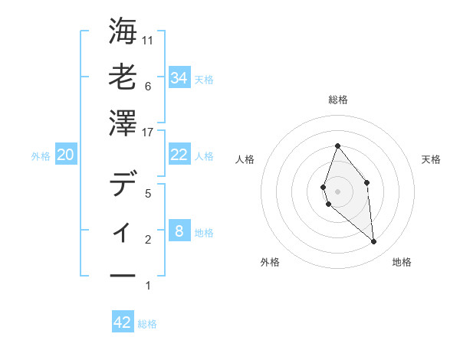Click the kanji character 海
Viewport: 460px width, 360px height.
pyautogui.click(x=123, y=33)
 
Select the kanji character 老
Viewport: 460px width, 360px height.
pyautogui.click(x=123, y=77)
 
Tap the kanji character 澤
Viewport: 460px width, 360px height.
pyautogui.click(x=123, y=122)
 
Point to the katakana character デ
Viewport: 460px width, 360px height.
pyautogui.click(x=123, y=185)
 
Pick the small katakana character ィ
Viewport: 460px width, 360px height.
pyautogui.click(x=123, y=230)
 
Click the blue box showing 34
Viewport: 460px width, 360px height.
pyautogui.click(x=179, y=78)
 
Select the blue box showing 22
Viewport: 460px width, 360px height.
pyautogui.click(x=179, y=155)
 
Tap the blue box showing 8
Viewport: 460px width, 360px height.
pyautogui.click(x=179, y=231)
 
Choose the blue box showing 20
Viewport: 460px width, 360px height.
pyautogui.click(x=65, y=155)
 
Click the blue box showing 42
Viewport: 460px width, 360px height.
pyautogui.click(x=123, y=322)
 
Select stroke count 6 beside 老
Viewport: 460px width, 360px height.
pyautogui.click(x=147, y=87)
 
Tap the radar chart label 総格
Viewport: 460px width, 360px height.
pyautogui.click(x=337, y=100)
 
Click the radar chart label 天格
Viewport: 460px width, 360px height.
pyautogui.click(x=431, y=159)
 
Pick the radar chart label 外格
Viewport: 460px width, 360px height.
pyautogui.click(x=270, y=262)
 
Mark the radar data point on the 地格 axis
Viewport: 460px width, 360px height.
pyautogui.click(x=374, y=242)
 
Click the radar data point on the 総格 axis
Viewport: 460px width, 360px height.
pyautogui.click(x=337, y=146)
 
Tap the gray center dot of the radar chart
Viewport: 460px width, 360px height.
pyautogui.click(x=337, y=191)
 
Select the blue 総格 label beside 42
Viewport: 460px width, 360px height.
pyautogui.click(x=147, y=324)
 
